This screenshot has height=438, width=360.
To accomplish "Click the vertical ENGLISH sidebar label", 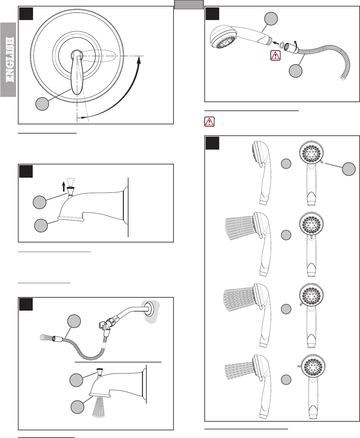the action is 10,60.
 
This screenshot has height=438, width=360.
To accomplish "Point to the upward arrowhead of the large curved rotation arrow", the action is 139,60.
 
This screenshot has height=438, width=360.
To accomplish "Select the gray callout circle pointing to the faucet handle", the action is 42,104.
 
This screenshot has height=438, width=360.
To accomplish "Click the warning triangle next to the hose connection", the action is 275,56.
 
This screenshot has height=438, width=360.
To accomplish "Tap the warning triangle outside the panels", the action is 209,122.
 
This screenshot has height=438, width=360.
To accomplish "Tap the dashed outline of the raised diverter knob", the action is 70,182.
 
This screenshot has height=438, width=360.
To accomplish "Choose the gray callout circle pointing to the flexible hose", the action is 74,321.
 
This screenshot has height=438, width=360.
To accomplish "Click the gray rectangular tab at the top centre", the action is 189,5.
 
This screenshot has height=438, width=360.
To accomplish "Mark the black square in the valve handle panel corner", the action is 26,14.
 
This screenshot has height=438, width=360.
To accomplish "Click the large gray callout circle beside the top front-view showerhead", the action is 349,169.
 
